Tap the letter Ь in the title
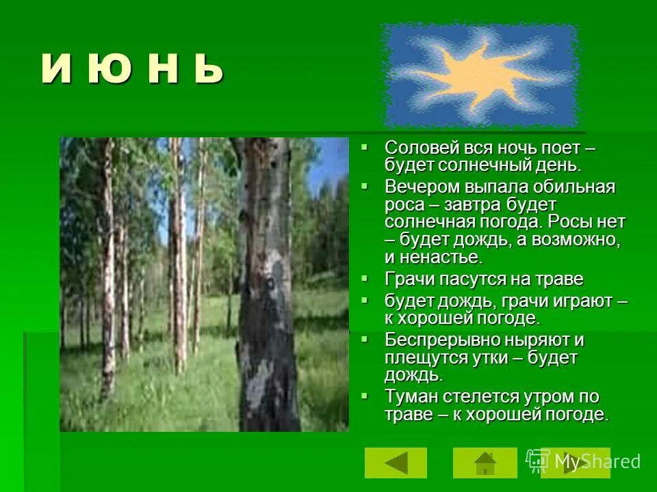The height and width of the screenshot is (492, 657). pyautogui.click(x=205, y=70)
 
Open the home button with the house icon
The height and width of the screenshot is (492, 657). pyautogui.click(x=485, y=463)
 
